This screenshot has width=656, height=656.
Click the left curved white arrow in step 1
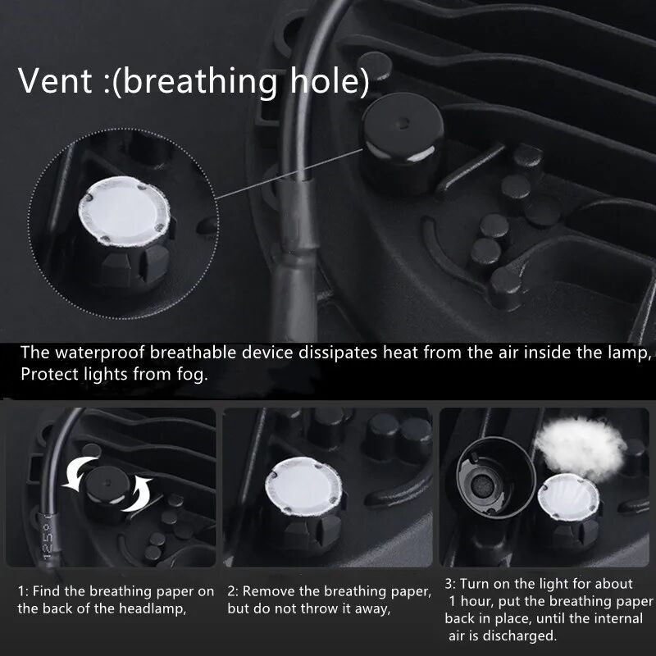point(78,473)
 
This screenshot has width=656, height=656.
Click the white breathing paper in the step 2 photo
point(303,485)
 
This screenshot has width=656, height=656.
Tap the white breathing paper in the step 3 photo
point(568,497)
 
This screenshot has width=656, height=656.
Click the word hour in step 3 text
point(477,602)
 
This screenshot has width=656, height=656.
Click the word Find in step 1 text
point(47,591)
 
